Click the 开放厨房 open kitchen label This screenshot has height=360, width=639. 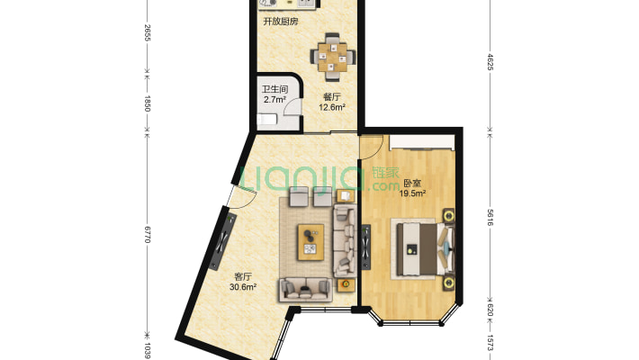tap(281, 22)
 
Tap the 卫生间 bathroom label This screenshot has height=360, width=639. tap(274, 89)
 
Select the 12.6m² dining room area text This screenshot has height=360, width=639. tap(332, 107)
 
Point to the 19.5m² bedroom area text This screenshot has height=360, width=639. tap(412, 193)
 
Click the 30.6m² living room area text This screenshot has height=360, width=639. tap(243, 287)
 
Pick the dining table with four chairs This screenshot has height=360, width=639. tap(333, 57)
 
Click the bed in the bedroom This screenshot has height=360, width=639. tap(423, 249)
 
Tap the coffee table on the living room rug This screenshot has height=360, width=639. tap(310, 242)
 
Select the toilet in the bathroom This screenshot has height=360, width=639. tap(267, 120)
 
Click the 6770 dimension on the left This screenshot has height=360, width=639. tap(148, 234)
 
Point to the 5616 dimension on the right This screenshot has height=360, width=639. tap(490, 218)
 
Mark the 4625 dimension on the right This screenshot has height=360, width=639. tap(490, 62)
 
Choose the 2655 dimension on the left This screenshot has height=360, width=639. tap(148, 32)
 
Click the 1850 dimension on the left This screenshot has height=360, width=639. tap(148, 103)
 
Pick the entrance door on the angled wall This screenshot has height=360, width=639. tap(240, 196)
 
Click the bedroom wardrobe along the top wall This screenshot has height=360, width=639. tap(422, 143)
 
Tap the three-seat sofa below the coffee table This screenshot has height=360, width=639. tap(305, 289)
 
